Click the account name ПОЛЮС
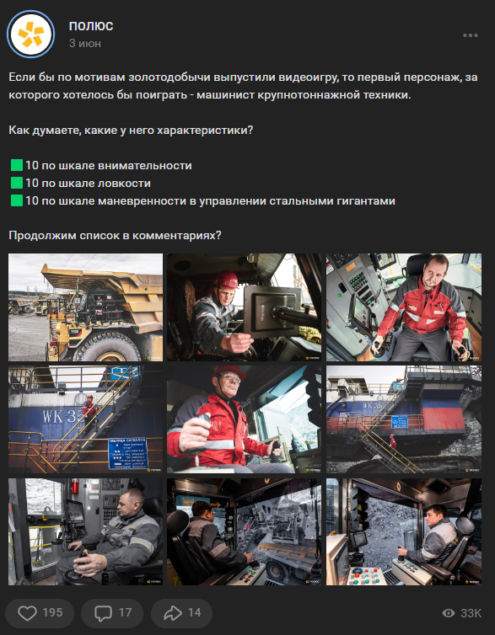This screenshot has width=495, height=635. pos(91,25)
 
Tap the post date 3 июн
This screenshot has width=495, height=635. pos(85,42)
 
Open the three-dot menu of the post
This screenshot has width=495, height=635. pos(471,35)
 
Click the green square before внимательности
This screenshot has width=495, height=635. pos(16,166)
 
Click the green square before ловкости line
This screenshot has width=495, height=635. pos(16,183)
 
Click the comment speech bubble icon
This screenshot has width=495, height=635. pos(104,612)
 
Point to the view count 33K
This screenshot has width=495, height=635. pos(471,613)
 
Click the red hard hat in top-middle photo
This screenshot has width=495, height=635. pos(225,280)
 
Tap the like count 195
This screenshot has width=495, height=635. pos(52,612)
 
